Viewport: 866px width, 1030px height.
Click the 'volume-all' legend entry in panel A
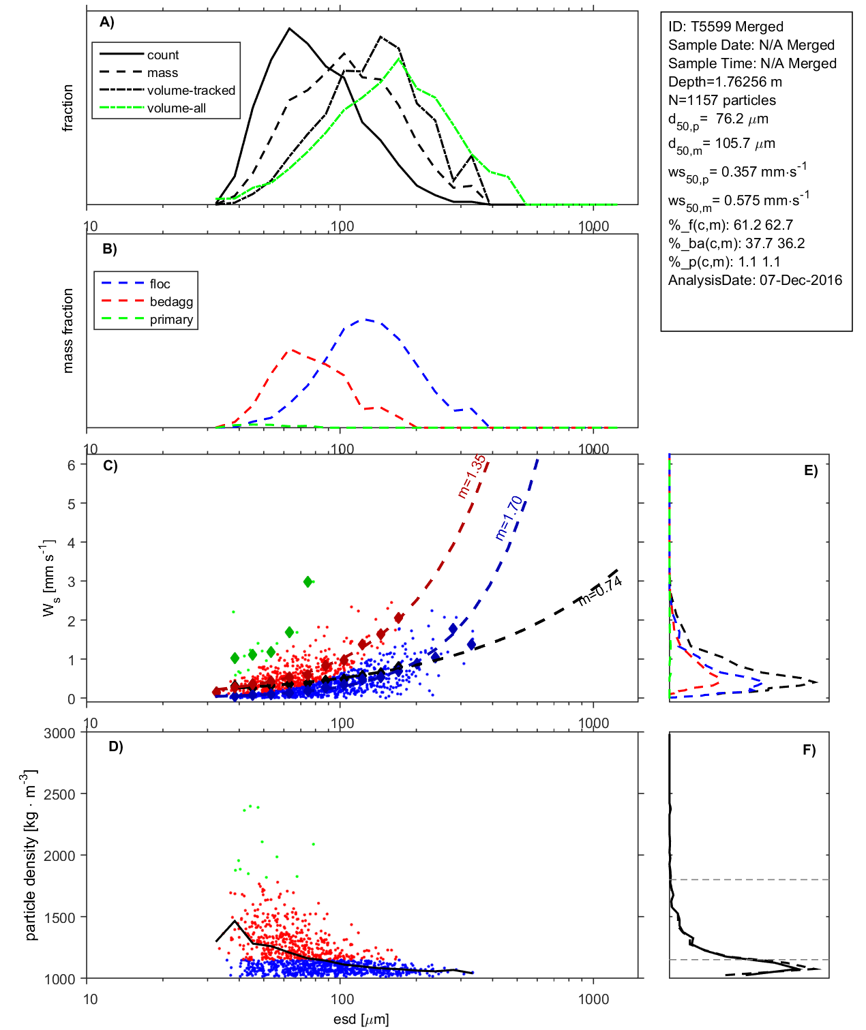177,108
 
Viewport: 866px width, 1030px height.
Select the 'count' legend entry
163,55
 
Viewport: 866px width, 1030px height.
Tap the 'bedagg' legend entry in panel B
171,302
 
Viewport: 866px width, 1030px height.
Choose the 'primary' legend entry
171,320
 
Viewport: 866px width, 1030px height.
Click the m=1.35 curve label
472,476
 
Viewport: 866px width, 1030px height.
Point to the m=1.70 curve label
509,518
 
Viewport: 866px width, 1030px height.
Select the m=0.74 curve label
600,590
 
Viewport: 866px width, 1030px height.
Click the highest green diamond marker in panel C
308,581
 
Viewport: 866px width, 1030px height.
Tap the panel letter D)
116,746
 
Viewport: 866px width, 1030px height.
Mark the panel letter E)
810,470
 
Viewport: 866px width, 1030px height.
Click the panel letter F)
809,750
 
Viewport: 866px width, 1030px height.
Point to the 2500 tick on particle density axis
60,794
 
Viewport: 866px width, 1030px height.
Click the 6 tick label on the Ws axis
71,465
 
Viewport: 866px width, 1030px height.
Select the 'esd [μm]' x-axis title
361,1019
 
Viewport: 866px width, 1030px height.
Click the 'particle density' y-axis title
30,855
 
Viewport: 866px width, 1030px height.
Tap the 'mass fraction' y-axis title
68,331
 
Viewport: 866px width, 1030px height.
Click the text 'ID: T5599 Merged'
726,27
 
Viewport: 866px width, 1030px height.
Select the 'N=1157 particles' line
721,100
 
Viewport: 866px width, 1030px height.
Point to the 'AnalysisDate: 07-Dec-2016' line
755,280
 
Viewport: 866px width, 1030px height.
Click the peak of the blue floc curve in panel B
366,319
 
